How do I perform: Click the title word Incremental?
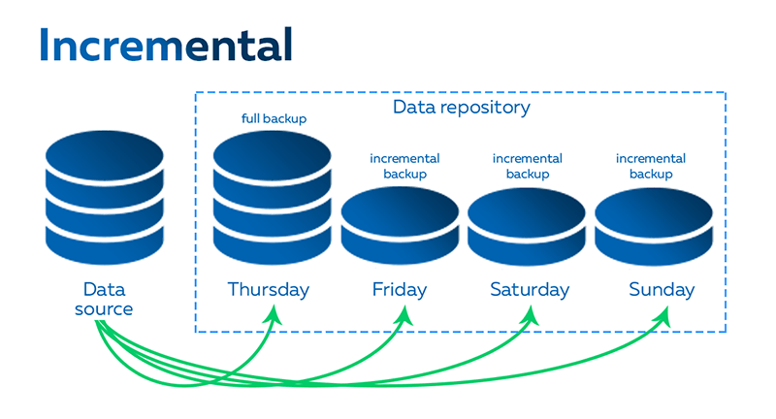166,45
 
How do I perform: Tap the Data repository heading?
462,107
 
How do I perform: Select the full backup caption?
274,119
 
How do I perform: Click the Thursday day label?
269,289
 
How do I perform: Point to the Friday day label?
399,289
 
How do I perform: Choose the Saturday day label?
529,289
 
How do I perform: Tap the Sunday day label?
662,289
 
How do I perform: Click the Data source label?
105,299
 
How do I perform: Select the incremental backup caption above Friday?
404,166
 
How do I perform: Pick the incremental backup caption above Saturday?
528,166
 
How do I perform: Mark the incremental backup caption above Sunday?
651,166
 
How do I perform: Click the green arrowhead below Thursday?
275,312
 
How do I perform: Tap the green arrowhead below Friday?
404,312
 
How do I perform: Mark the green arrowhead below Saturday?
532,312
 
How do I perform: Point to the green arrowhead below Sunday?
665,312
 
